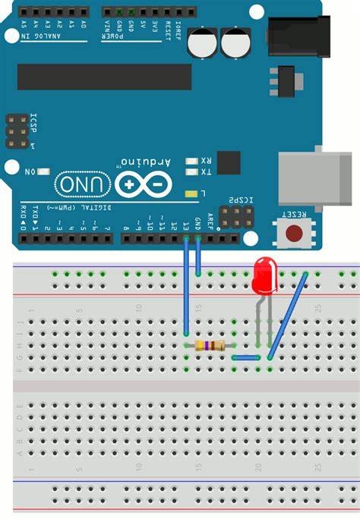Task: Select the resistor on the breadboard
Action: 210,346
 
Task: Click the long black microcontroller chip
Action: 105,77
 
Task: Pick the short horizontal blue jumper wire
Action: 246,357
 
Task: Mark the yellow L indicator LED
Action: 191,194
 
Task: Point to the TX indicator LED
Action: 191,173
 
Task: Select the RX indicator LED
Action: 191,162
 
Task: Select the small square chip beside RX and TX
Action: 229,162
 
